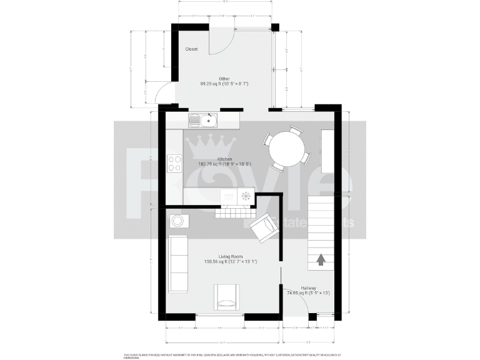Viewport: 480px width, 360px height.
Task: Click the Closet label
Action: [191, 49]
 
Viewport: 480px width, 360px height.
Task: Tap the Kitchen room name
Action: [224, 159]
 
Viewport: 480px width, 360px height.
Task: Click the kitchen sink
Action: [202, 119]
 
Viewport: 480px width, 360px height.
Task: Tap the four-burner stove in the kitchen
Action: [174, 164]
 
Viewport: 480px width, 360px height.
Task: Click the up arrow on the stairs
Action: [321, 260]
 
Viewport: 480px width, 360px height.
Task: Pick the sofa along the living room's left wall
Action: [178, 264]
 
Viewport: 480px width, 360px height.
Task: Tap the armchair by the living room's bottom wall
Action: [226, 296]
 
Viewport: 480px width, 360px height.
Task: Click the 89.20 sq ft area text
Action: [224, 83]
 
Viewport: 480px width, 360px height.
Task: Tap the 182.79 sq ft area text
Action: [224, 164]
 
